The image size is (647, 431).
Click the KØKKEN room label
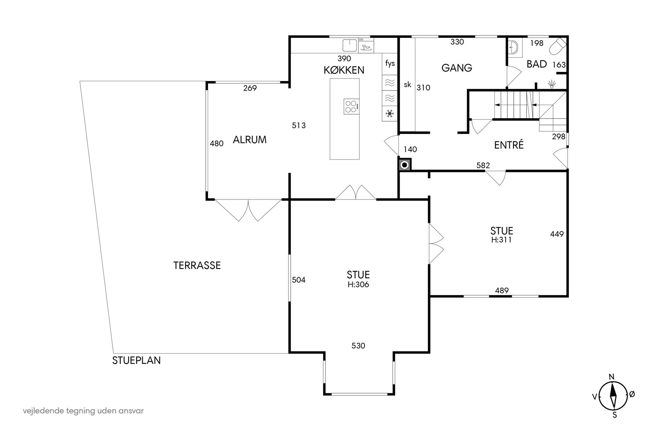pyautogui.click(x=344, y=70)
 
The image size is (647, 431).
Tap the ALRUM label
pyautogui.click(x=250, y=140)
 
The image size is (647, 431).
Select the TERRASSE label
pyautogui.click(x=197, y=265)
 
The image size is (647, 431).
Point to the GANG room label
pyautogui.click(x=457, y=68)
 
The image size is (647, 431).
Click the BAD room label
pyautogui.click(x=537, y=64)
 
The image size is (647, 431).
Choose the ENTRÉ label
pyautogui.click(x=509, y=145)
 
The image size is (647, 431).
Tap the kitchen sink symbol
pyautogui.click(x=350, y=46)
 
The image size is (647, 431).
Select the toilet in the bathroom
pyautogui.click(x=558, y=47)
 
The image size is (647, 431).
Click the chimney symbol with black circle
pyautogui.click(x=405, y=165)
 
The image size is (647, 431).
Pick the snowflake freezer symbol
pyautogui.click(x=390, y=113)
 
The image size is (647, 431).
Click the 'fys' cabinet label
pyautogui.click(x=390, y=63)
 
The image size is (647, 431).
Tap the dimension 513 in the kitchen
pyautogui.click(x=299, y=126)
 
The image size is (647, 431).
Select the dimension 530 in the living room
pyautogui.click(x=358, y=346)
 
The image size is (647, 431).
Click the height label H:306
pyautogui.click(x=358, y=284)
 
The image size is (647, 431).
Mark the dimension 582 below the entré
pyautogui.click(x=483, y=165)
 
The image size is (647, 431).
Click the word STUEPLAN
pyautogui.click(x=137, y=360)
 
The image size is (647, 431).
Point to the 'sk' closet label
pyautogui.click(x=408, y=85)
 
